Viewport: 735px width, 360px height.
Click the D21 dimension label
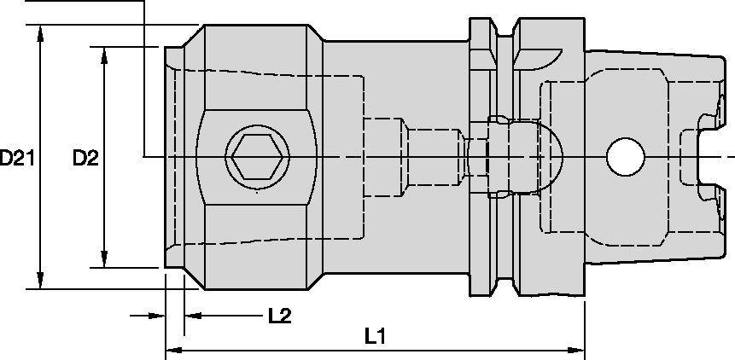[x=17, y=158]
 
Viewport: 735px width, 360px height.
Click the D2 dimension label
[x=85, y=158]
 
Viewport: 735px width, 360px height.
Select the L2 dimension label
[x=279, y=316]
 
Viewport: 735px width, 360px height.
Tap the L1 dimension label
[x=373, y=335]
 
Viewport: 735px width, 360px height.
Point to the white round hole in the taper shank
[x=625, y=157]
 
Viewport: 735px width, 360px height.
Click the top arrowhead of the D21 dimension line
[x=39, y=32]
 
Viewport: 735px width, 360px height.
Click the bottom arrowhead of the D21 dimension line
[x=39, y=282]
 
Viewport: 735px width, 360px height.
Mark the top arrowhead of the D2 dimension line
[x=104, y=53]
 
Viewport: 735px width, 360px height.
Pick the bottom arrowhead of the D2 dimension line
[x=104, y=260]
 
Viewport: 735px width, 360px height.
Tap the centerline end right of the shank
[x=730, y=157]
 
